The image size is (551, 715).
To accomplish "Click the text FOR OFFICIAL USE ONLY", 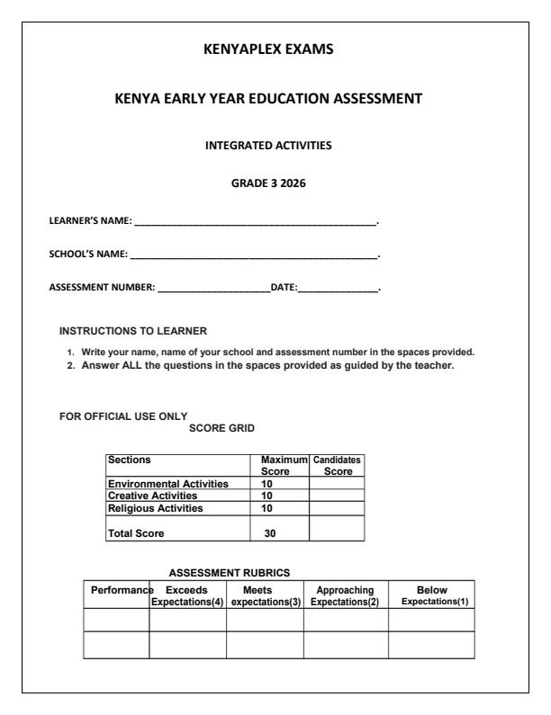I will (122, 416).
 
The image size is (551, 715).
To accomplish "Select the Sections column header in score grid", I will (128, 459).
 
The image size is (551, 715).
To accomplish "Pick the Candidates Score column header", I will (336, 464).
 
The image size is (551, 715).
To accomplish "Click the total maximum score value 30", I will (269, 532).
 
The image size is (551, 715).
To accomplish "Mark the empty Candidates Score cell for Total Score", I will (336, 528).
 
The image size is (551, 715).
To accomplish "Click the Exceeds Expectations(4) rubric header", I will (187, 595).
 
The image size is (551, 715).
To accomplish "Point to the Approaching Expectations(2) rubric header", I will (346, 595).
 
